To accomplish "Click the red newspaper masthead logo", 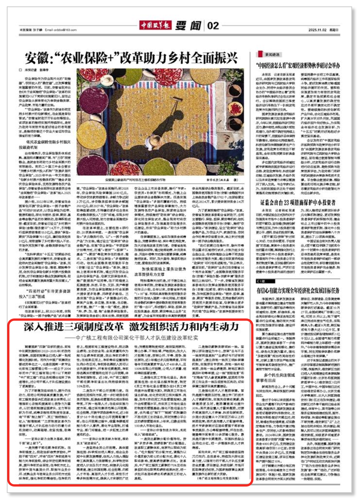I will click(x=155, y=25).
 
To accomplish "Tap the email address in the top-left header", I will click(x=61, y=30).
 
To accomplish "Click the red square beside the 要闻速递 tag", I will click(x=260, y=54).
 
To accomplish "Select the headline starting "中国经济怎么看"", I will click(x=298, y=66).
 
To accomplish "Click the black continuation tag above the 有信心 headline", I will click(x=261, y=281).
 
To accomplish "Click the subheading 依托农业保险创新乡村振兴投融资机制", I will click(x=48, y=145).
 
